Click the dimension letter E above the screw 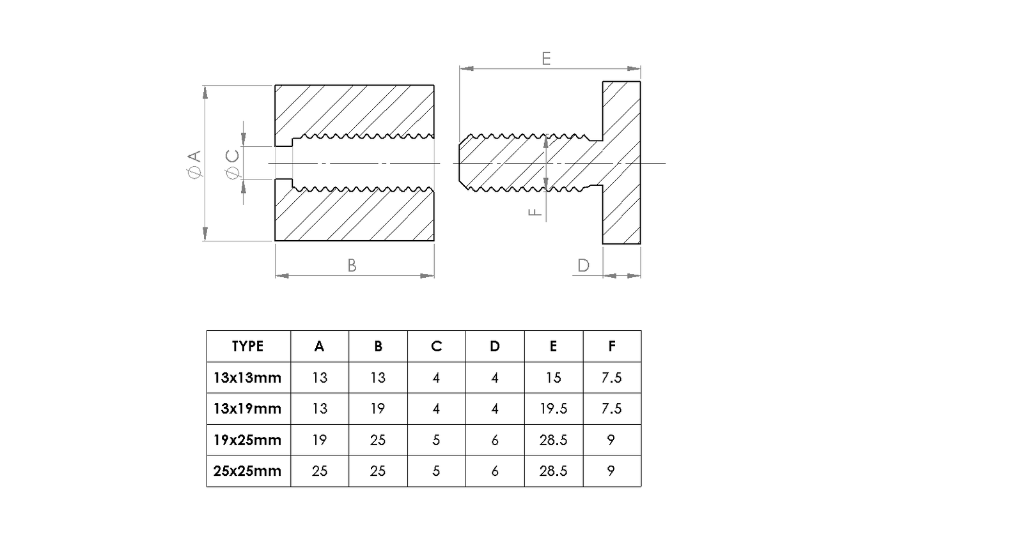[x=546, y=59]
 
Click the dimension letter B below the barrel [x=352, y=266]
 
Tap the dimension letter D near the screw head [x=584, y=266]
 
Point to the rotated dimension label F [x=535, y=212]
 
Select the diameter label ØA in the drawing [x=194, y=164]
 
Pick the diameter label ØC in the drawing [x=233, y=164]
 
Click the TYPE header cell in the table [x=247, y=346]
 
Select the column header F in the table [x=612, y=346]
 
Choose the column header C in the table [x=436, y=346]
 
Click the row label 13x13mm [x=247, y=378]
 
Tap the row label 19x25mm [x=247, y=440]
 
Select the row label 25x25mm [x=247, y=471]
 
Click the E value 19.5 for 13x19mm [x=554, y=409]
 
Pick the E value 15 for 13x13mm [x=554, y=378]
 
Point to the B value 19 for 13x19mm [x=378, y=409]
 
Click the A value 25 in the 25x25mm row [x=320, y=471]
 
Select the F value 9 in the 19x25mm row [x=611, y=440]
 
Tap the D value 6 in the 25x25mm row [x=495, y=471]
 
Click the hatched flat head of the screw [x=621, y=162]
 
